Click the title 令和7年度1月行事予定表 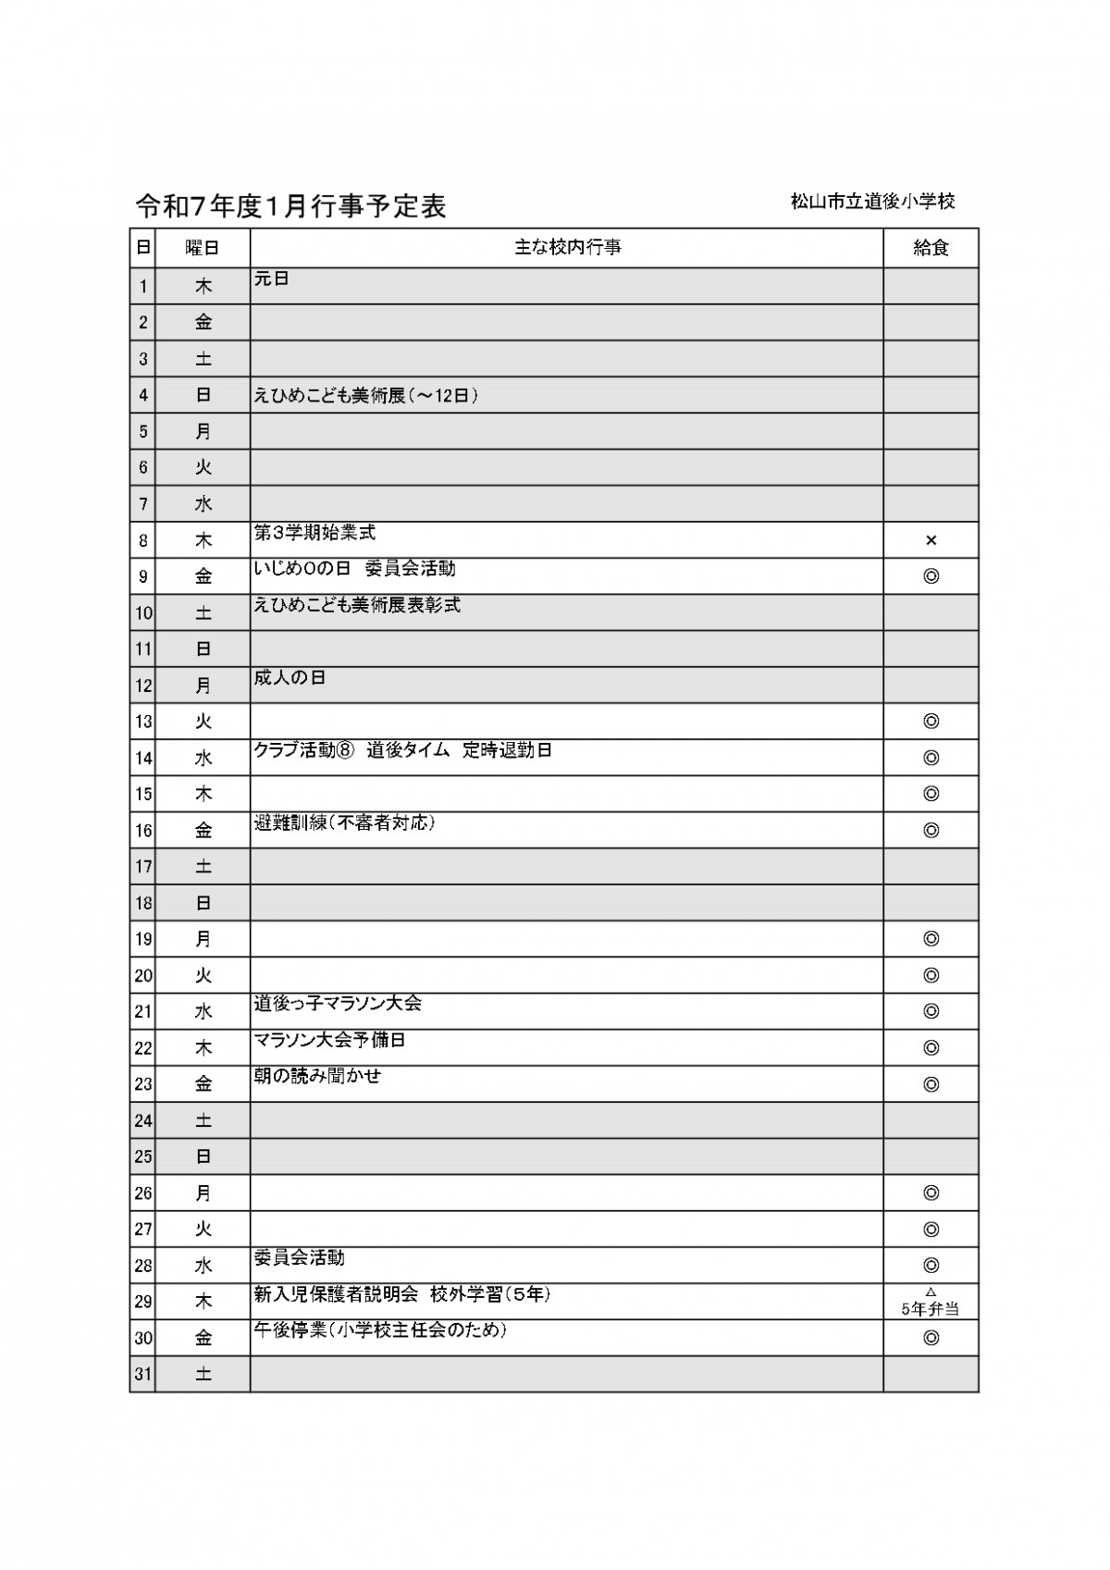(x=290, y=206)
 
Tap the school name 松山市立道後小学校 (x=872, y=202)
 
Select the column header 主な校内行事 (x=567, y=248)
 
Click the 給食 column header (x=931, y=248)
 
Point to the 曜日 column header (x=203, y=248)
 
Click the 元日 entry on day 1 (x=272, y=278)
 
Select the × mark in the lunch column (x=931, y=540)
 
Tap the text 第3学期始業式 (x=314, y=533)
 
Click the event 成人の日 (x=290, y=678)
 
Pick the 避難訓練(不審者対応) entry (x=344, y=822)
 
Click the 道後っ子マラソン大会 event (x=338, y=1004)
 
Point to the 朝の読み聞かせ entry (x=317, y=1076)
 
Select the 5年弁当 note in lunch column (x=931, y=1309)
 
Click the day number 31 (x=142, y=1375)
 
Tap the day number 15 (x=142, y=795)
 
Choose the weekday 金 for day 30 (x=203, y=1338)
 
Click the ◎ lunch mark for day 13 (x=931, y=722)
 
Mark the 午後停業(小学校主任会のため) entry (x=381, y=1330)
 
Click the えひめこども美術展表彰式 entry (x=357, y=605)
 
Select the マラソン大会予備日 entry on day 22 (x=329, y=1040)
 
